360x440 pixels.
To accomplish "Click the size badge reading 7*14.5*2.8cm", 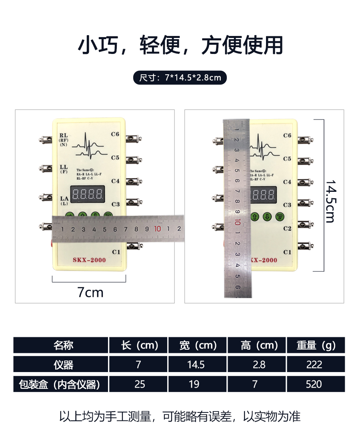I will click(x=180, y=77).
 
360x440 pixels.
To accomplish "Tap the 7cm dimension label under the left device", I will click(x=90, y=293).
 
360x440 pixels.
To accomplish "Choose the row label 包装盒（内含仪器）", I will click(x=60, y=384).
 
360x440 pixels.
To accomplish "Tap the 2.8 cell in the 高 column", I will click(x=256, y=364).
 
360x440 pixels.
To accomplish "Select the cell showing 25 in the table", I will click(x=138, y=384).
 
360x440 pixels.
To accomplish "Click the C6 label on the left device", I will click(x=116, y=134).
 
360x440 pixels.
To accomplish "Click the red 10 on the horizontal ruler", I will click(x=157, y=229).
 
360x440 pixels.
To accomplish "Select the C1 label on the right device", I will click(x=287, y=252).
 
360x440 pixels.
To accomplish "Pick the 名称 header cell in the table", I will click(x=60, y=345).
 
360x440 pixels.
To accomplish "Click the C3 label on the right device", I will click(x=287, y=205).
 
